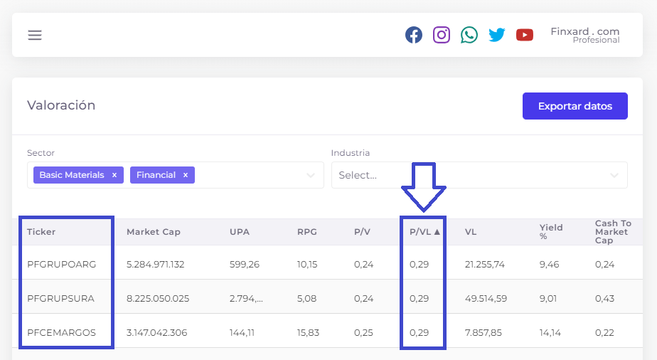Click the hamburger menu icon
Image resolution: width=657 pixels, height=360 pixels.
(35, 35)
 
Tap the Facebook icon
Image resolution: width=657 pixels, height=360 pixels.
(414, 35)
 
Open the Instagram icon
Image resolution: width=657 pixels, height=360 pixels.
(442, 35)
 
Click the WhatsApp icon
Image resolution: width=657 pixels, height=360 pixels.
(469, 35)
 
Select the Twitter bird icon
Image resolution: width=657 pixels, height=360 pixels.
(497, 35)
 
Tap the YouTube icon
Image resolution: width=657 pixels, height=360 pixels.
(525, 35)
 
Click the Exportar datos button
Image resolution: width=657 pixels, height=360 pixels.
(575, 106)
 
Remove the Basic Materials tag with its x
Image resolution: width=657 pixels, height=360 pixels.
(114, 175)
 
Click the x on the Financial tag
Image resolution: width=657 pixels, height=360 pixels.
(185, 175)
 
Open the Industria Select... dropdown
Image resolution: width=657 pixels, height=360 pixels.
(479, 175)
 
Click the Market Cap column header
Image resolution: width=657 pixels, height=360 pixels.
(154, 232)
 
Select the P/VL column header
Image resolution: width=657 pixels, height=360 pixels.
(420, 232)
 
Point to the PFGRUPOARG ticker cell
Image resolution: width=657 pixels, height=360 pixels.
(62, 265)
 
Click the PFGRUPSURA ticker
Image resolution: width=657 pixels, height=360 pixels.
(60, 298)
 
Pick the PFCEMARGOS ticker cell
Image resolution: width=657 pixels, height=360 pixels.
(62, 333)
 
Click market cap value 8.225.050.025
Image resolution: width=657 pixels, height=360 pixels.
(158, 298)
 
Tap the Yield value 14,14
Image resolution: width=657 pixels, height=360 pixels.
(550, 333)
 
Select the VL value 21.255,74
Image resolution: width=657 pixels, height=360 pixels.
(485, 265)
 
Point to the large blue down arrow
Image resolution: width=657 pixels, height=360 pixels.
(424, 187)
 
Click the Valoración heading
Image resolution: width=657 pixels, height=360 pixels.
(61, 105)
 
